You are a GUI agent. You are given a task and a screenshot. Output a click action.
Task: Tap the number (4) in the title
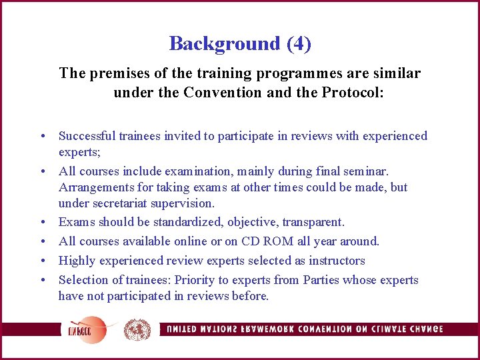tap(299, 44)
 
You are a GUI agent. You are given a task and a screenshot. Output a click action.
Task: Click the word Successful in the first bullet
tap(87, 136)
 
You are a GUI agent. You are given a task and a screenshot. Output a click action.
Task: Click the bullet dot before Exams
tap(41, 222)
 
